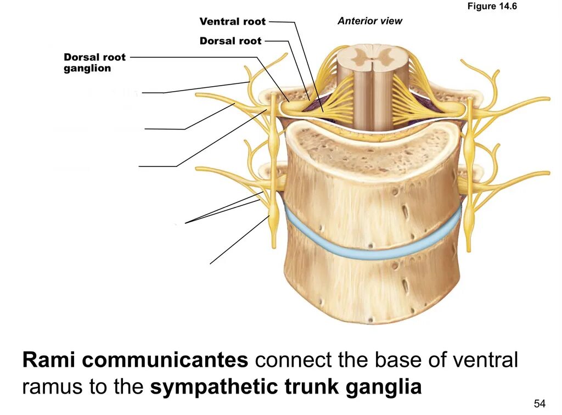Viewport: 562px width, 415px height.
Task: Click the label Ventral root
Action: click(232, 22)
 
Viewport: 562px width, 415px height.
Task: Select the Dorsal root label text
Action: click(231, 41)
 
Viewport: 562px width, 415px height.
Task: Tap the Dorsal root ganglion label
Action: click(94, 63)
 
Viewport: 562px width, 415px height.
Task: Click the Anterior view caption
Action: click(369, 21)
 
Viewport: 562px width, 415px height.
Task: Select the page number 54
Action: click(539, 404)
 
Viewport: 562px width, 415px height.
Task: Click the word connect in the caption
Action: click(293, 361)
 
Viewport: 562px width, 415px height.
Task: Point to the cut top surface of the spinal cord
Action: click(373, 58)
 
